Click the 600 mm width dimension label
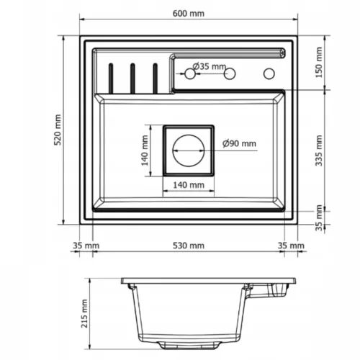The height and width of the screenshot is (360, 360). click(x=189, y=14)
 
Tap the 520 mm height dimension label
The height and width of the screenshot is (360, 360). click(x=58, y=130)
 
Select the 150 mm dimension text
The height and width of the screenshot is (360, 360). click(x=319, y=63)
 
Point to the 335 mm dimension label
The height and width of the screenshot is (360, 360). click(x=319, y=150)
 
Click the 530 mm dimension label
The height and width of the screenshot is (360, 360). click(x=189, y=246)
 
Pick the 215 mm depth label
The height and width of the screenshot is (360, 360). click(x=84, y=313)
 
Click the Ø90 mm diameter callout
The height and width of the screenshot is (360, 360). click(x=239, y=143)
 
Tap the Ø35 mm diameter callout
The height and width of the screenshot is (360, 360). click(x=210, y=66)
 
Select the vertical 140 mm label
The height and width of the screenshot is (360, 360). click(x=145, y=150)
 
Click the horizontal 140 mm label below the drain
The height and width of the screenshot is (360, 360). click(x=189, y=185)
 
